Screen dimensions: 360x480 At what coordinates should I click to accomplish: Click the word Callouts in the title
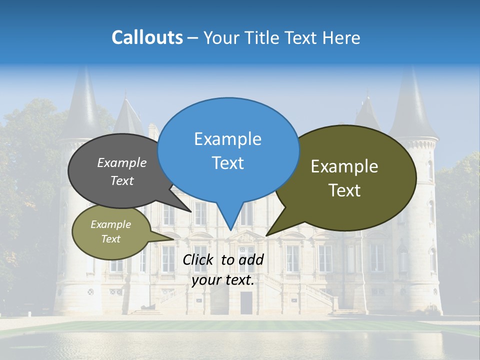point(147,37)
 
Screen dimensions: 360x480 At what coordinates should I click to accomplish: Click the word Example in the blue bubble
point(227,139)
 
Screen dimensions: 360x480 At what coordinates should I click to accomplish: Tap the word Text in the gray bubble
point(122,181)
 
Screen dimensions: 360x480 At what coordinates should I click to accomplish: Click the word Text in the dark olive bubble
point(344,190)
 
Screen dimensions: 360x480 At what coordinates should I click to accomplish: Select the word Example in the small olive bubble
point(110,224)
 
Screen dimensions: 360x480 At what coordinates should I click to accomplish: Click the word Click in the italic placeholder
point(198,259)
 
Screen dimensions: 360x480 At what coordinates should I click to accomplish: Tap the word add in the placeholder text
point(250,259)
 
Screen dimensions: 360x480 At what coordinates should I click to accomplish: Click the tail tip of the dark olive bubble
point(268,234)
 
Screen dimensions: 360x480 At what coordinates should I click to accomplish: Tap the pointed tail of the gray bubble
point(189,210)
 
